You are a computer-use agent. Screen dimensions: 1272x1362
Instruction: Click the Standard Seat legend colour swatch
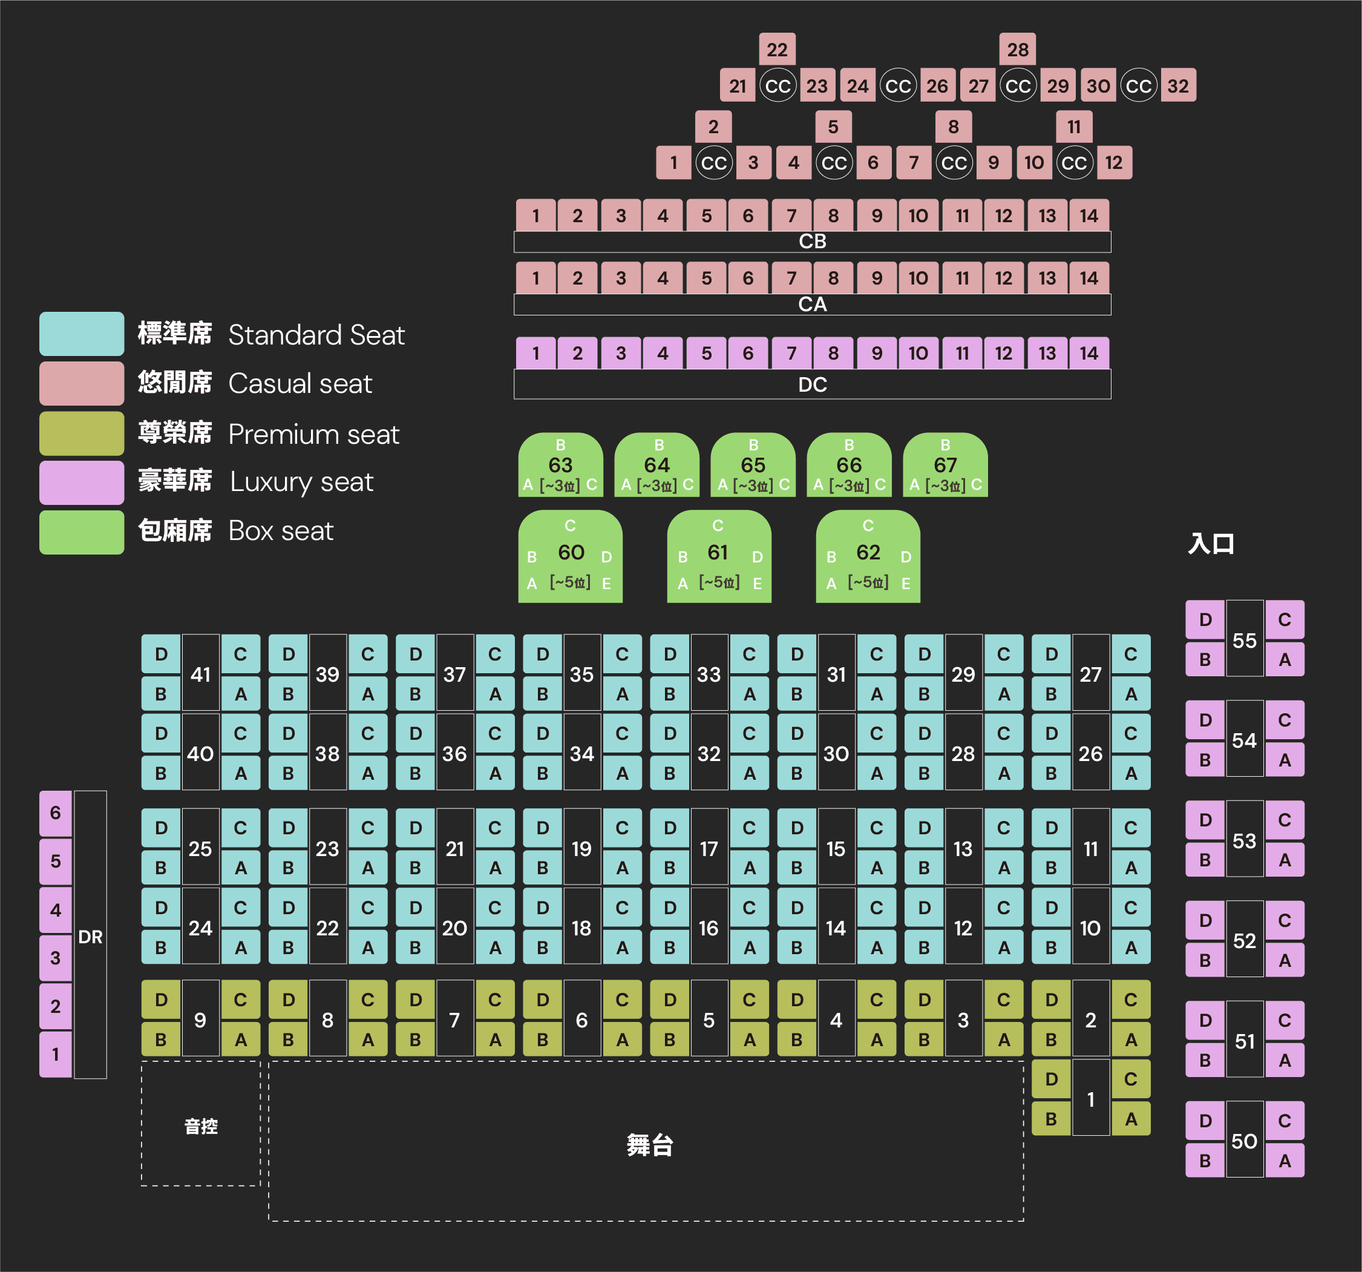click(x=82, y=334)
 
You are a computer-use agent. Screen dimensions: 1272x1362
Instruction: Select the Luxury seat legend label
click(x=301, y=482)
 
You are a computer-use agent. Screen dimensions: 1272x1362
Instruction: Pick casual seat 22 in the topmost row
click(x=777, y=50)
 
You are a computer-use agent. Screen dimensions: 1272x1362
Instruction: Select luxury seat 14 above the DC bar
click(x=1089, y=353)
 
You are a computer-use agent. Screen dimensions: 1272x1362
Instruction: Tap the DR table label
click(x=90, y=936)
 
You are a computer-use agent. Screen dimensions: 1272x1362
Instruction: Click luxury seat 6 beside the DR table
click(x=56, y=813)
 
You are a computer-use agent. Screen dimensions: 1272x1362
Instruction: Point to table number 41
click(x=201, y=674)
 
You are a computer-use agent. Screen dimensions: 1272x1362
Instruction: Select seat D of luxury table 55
click(x=1205, y=619)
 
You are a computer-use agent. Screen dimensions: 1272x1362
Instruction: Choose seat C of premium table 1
click(x=1130, y=1079)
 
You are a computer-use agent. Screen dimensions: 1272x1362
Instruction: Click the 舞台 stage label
click(x=649, y=1144)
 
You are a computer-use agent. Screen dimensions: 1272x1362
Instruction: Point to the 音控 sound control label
click(x=201, y=1126)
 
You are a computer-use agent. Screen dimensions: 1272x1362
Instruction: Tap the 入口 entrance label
click(x=1211, y=544)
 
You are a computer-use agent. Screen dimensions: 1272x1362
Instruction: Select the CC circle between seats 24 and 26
click(x=897, y=86)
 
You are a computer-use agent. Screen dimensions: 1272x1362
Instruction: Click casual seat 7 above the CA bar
click(x=791, y=278)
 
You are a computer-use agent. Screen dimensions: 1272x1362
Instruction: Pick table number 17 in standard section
click(x=709, y=848)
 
